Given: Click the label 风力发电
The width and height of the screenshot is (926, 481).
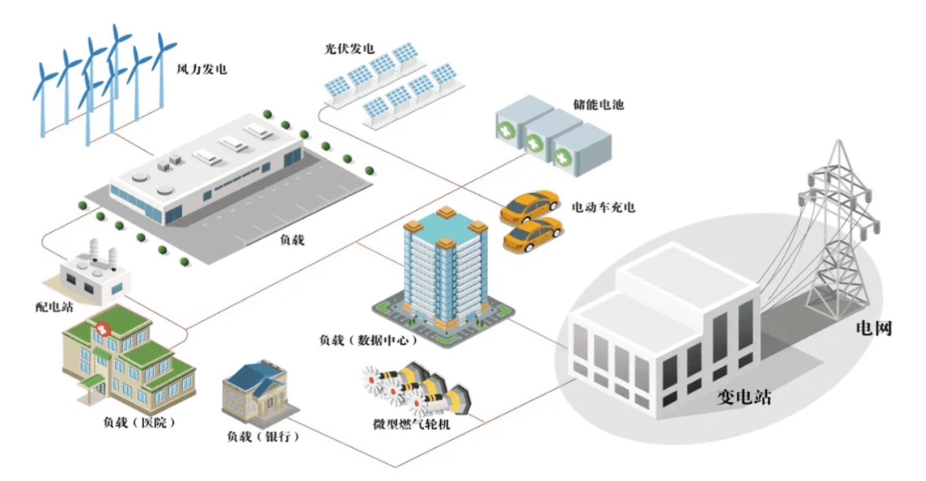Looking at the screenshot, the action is pyautogui.click(x=202, y=69).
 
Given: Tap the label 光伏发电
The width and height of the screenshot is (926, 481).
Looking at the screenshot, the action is pyautogui.click(x=349, y=49).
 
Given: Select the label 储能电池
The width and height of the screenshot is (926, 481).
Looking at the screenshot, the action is pyautogui.click(x=599, y=105).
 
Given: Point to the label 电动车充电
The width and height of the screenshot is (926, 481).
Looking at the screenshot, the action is pyautogui.click(x=603, y=207).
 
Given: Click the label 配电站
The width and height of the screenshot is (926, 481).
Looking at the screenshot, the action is pyautogui.click(x=54, y=307).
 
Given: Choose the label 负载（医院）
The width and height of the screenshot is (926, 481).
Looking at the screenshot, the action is pyautogui.click(x=139, y=422).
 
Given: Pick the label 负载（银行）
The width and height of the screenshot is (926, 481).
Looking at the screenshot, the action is pyautogui.click(x=263, y=437).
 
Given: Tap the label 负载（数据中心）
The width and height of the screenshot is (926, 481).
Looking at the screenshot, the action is pyautogui.click(x=368, y=340).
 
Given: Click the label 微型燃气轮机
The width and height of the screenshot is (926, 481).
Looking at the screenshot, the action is pyautogui.click(x=411, y=424).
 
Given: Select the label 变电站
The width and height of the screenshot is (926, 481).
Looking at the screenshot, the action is pyautogui.click(x=744, y=397).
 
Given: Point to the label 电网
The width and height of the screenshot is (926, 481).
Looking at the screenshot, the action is pyautogui.click(x=874, y=328).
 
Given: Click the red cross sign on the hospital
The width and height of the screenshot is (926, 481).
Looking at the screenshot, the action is pyautogui.click(x=103, y=329).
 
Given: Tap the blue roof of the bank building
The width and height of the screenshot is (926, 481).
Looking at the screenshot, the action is pyautogui.click(x=252, y=376).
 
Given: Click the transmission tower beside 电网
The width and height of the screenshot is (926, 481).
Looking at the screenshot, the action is pyautogui.click(x=839, y=232).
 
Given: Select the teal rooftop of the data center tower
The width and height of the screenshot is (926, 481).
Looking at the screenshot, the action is pyautogui.click(x=445, y=229).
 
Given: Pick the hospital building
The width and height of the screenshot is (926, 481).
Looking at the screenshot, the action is pyautogui.click(x=128, y=356).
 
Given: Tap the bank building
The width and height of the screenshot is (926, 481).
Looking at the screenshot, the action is pyautogui.click(x=260, y=393).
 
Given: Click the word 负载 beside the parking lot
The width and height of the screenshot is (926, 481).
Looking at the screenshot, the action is pyautogui.click(x=292, y=240).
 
